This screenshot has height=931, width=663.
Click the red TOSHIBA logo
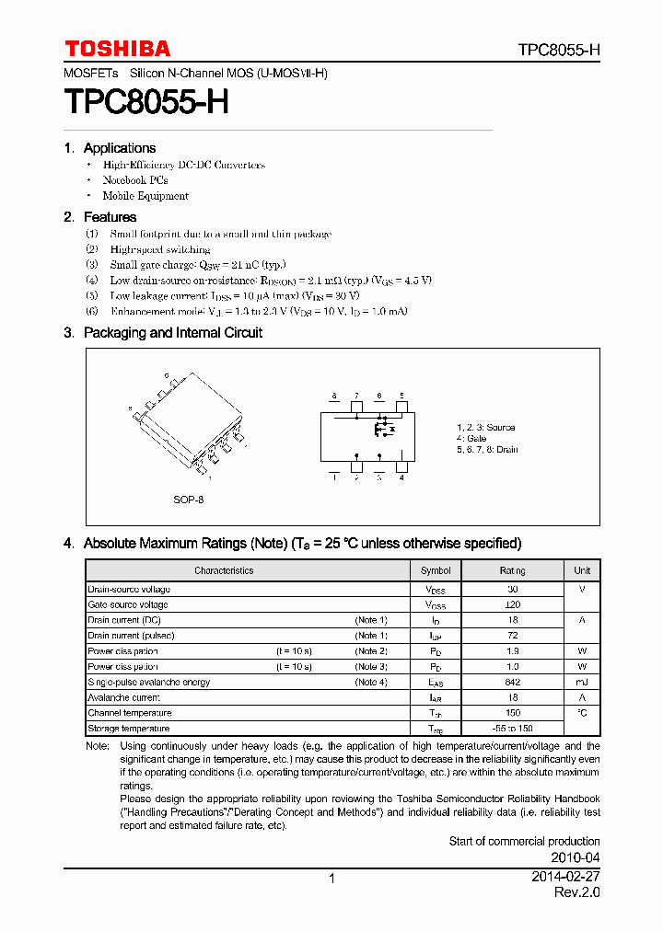click(x=117, y=49)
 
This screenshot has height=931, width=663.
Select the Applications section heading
click(x=119, y=148)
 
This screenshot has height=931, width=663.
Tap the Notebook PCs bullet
click(x=134, y=180)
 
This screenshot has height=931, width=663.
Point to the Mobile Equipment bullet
click(x=145, y=196)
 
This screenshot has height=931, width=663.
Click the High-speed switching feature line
click(x=159, y=249)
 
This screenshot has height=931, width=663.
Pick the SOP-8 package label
click(x=188, y=500)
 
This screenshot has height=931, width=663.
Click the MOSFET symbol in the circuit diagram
click(x=381, y=429)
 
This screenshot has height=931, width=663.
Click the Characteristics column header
click(x=224, y=570)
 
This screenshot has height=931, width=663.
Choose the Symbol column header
click(x=436, y=570)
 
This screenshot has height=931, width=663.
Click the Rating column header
click(x=512, y=570)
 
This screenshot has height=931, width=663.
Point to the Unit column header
click(x=582, y=570)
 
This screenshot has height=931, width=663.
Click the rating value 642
click(x=512, y=683)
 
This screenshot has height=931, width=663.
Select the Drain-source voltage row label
click(x=129, y=589)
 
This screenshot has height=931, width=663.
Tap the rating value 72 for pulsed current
click(x=512, y=636)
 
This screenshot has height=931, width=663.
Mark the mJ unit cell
click(x=582, y=683)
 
